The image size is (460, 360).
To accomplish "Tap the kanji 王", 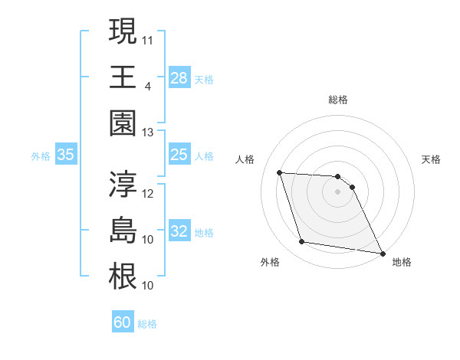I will click(123, 77).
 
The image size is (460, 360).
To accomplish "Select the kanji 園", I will click(123, 123).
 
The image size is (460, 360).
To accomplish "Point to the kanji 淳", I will click(123, 184).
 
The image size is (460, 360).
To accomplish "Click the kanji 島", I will click(123, 231).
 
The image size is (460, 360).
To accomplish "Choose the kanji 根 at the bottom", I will click(123, 277).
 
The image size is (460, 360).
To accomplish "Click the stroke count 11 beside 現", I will click(148, 39).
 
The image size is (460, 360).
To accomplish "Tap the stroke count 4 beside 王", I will click(147, 86).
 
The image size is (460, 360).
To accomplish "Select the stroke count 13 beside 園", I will click(148, 133).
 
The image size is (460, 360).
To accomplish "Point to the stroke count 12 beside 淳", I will click(148, 193).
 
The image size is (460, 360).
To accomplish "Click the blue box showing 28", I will click(179, 77).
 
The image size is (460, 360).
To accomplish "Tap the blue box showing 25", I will click(179, 155).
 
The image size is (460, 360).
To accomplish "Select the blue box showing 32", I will click(179, 232).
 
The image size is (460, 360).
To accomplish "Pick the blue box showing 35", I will click(66, 155).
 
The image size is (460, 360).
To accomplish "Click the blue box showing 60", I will click(123, 322).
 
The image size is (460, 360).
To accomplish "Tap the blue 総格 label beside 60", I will click(147, 324).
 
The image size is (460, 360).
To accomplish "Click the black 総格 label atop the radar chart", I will click(337, 100).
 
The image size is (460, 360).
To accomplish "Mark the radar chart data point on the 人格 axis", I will click(279, 172).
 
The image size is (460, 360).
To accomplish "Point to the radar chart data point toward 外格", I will click(302, 242).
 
